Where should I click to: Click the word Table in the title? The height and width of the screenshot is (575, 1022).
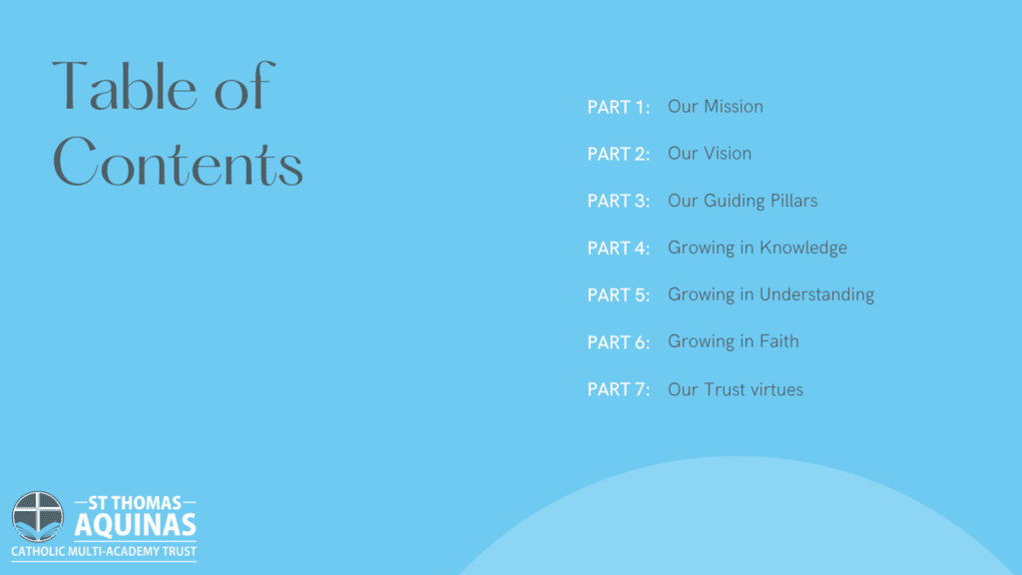click(125, 86)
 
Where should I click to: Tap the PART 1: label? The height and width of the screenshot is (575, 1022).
click(619, 107)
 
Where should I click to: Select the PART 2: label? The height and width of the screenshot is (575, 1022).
click(619, 154)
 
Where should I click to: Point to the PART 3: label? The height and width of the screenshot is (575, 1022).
click(619, 201)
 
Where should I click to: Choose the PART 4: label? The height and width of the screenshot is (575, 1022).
click(619, 249)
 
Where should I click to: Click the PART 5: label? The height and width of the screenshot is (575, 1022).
click(619, 295)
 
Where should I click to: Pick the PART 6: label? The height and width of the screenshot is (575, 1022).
click(619, 342)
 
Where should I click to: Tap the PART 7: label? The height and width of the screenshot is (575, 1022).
click(619, 389)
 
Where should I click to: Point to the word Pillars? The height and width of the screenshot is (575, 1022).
click(793, 200)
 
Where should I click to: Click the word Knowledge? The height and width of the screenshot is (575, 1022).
click(803, 249)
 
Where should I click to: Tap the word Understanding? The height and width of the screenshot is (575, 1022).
click(816, 294)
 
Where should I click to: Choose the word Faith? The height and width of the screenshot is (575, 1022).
click(778, 341)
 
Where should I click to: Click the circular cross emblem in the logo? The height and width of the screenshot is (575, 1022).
click(38, 517)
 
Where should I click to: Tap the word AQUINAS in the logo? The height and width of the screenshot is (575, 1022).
click(136, 525)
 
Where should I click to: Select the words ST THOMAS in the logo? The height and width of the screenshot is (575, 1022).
click(135, 503)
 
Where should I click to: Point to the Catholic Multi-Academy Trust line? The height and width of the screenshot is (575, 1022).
click(104, 551)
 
